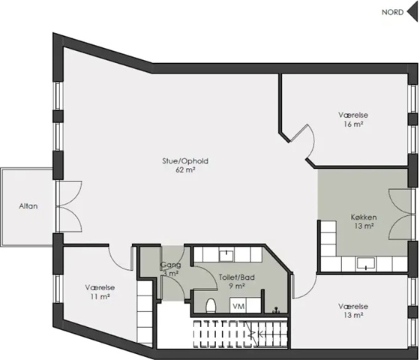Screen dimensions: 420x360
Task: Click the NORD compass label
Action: pyautogui.click(x=392, y=12)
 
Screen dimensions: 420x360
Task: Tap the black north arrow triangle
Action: pyautogui.click(x=412, y=12)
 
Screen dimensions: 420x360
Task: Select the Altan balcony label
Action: pyautogui.click(x=28, y=206)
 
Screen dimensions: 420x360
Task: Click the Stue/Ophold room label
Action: pyautogui.click(x=185, y=161)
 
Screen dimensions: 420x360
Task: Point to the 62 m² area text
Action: pyautogui.click(x=185, y=169)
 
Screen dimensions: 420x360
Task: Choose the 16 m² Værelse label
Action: pyautogui.click(x=353, y=119)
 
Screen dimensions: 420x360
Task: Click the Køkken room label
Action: pyautogui.click(x=364, y=217)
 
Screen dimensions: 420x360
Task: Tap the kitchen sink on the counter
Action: pyautogui.click(x=366, y=263)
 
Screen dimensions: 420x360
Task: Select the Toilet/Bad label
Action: pyautogui.click(x=237, y=277)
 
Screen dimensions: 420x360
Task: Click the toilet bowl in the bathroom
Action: pyautogui.click(x=211, y=305)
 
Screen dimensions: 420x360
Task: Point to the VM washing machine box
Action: pyautogui.click(x=238, y=305)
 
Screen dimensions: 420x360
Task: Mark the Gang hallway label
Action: pyautogui.click(x=171, y=265)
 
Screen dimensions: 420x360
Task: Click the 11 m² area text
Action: pyautogui.click(x=100, y=297)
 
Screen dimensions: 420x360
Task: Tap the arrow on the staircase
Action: pyautogui.click(x=257, y=334)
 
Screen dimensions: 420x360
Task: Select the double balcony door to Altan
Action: pyautogui.click(x=69, y=206)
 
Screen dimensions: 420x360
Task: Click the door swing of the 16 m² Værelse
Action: pyautogui.click(x=303, y=142)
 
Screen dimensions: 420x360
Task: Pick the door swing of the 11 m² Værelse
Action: pyautogui.click(x=120, y=258)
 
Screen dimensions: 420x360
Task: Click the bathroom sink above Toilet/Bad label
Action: pyautogui.click(x=226, y=254)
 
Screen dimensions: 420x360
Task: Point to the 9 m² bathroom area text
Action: pyautogui.click(x=237, y=286)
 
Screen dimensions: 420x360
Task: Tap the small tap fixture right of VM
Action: pyautogui.click(x=276, y=310)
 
